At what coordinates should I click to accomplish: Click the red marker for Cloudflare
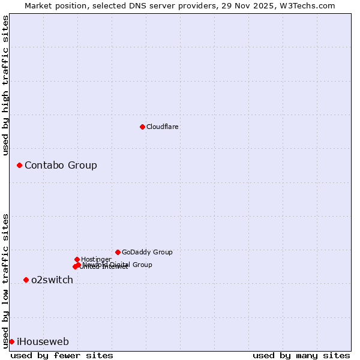click(142, 127)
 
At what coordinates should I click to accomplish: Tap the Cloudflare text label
click(163, 127)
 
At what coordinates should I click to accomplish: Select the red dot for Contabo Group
click(19, 165)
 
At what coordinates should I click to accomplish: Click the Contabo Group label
click(61, 166)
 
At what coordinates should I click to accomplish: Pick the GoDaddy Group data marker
click(118, 252)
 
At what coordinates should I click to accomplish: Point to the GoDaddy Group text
click(147, 252)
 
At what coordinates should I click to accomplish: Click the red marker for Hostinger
click(77, 259)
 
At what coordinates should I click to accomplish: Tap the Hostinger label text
click(96, 259)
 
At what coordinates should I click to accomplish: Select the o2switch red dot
click(26, 280)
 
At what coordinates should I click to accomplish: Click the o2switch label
click(52, 280)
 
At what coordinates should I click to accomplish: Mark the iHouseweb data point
click(11, 341)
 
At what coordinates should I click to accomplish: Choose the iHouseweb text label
click(43, 342)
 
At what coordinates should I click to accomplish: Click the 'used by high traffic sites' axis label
click(5, 85)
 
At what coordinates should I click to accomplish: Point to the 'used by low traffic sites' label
click(5, 281)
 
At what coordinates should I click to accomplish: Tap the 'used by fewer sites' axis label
click(62, 355)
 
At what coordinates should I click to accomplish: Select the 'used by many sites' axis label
click(301, 355)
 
